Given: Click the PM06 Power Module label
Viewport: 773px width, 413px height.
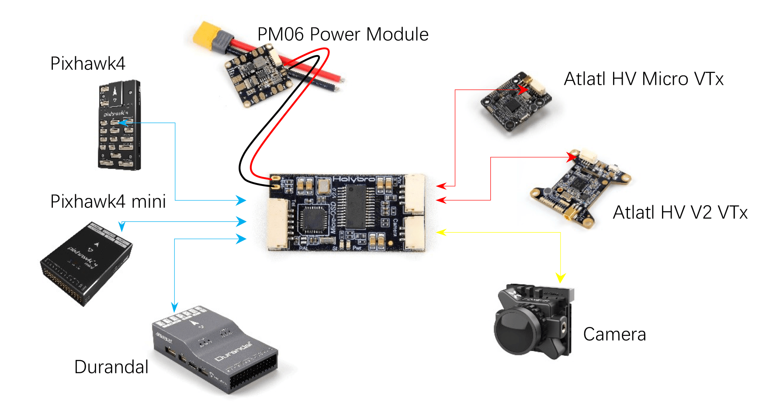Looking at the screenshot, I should click(x=343, y=34).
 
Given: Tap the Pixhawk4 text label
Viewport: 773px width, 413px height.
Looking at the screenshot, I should click(x=88, y=64).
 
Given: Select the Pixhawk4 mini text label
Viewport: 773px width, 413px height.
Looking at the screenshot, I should click(x=108, y=202).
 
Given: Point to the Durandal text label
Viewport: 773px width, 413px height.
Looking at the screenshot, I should click(x=111, y=367).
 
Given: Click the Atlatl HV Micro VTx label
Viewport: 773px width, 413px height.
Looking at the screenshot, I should click(x=643, y=79).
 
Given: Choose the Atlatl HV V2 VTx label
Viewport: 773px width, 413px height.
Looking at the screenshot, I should click(x=680, y=213).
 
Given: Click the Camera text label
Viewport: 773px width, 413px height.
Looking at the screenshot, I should click(x=614, y=335).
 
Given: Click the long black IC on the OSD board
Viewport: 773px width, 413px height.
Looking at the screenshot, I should click(x=355, y=206).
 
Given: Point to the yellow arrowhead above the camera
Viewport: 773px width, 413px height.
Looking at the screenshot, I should click(x=561, y=278).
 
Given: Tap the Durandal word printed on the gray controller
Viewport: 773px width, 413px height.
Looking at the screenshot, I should click(x=234, y=352).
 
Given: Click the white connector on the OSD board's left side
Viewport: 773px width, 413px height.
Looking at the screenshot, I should click(x=278, y=224).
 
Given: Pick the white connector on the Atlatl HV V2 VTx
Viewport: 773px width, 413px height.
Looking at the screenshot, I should click(x=589, y=155).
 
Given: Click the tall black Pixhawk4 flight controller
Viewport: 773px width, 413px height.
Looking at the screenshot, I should click(x=119, y=125).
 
